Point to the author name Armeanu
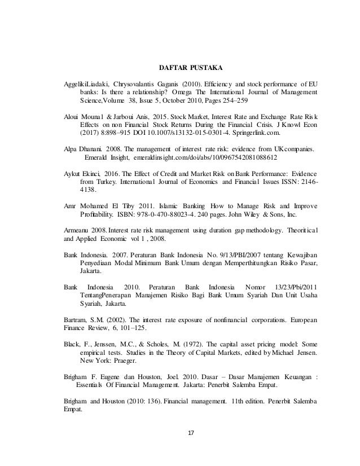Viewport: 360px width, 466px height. (80, 231)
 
